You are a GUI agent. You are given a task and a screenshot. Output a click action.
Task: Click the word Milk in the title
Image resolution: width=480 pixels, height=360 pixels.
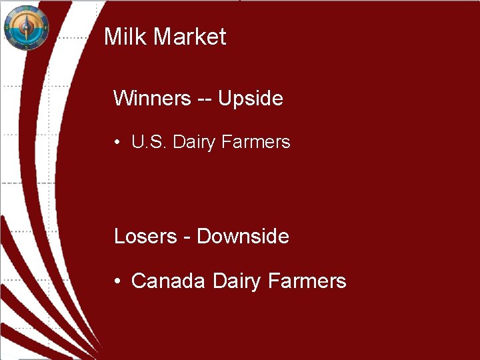pos(126,37)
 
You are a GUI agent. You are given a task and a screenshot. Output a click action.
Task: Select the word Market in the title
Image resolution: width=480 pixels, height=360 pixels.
pos(190,37)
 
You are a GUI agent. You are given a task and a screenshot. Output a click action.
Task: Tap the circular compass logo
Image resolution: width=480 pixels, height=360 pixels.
pos(26,27)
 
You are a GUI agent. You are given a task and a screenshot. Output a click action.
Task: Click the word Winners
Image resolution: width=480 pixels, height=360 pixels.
pos(152,99)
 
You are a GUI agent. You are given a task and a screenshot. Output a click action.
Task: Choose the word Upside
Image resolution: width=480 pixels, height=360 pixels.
pos(251,99)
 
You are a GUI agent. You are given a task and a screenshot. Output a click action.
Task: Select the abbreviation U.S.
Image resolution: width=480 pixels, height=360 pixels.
pos(149,142)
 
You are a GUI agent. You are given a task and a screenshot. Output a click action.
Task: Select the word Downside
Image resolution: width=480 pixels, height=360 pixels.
pos(243,237)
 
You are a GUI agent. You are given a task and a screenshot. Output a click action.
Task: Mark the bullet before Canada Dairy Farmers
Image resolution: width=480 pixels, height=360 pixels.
pos(117,282)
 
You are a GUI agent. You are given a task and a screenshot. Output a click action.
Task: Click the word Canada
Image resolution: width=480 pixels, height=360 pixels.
pos(168,281)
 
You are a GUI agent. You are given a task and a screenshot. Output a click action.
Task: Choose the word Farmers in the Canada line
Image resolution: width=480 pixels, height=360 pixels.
pos(307,281)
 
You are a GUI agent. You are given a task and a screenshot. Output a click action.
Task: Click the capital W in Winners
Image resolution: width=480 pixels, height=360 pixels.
pos(122,99)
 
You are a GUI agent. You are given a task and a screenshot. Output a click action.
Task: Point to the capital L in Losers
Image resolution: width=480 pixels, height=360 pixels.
pos(119,237)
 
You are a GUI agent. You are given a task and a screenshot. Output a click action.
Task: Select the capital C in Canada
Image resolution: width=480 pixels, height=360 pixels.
pos(138,281)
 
